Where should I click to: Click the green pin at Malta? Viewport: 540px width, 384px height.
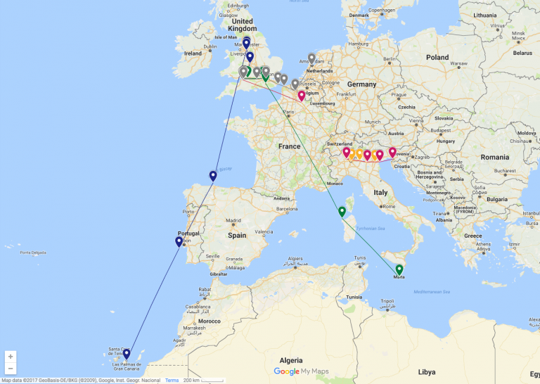pyautogui.click(x=399, y=269)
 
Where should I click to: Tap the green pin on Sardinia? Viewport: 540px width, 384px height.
pyautogui.click(x=342, y=211)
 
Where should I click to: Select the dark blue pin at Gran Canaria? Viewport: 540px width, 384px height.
pyautogui.click(x=127, y=354)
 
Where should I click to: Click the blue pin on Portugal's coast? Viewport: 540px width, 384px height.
pyautogui.click(x=179, y=242)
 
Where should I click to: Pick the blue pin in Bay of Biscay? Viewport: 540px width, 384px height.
pyautogui.click(x=213, y=176)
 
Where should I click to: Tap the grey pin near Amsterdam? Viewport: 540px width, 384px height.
pyautogui.click(x=311, y=58)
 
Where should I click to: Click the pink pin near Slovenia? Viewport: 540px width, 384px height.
pyautogui.click(x=392, y=151)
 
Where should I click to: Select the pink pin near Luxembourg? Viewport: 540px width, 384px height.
pyautogui.click(x=302, y=96)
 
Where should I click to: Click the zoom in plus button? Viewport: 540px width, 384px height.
pyautogui.click(x=11, y=357)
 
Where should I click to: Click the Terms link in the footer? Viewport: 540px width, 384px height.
pyautogui.click(x=172, y=380)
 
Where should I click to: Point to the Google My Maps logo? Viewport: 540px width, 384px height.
pyautogui.click(x=301, y=371)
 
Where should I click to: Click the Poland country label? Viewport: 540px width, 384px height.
pyautogui.click(x=437, y=57)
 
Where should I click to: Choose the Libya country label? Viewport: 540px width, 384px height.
pyautogui.click(x=426, y=371)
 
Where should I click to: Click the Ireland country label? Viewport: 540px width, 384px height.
pyautogui.click(x=193, y=53)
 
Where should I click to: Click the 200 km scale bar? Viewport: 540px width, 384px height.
pyautogui.click(x=192, y=380)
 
